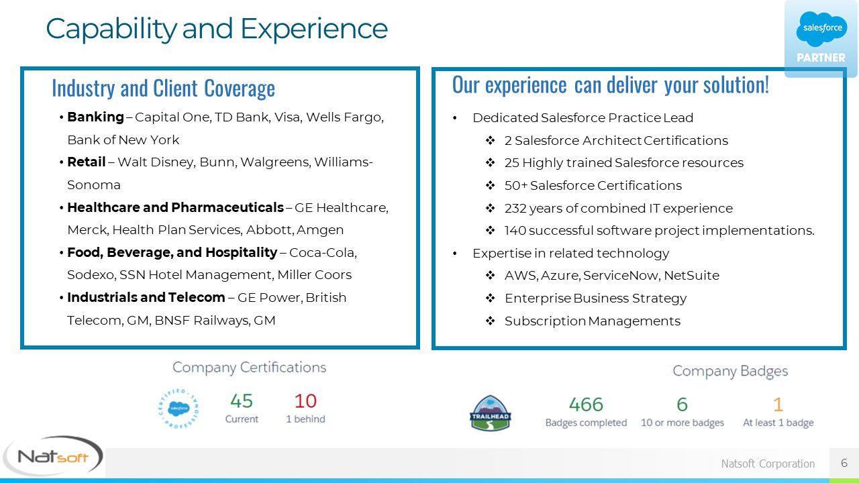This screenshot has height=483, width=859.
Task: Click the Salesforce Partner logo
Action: pyautogui.click(x=821, y=38)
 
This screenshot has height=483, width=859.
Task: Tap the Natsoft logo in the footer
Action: pyautogui.click(x=53, y=456)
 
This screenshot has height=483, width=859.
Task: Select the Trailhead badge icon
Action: pyautogui.click(x=490, y=413)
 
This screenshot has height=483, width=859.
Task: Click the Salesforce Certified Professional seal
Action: pyautogui.click(x=179, y=409)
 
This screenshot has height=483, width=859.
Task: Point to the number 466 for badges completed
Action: pyautogui.click(x=586, y=405)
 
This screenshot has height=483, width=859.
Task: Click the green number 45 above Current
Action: pyautogui.click(x=242, y=401)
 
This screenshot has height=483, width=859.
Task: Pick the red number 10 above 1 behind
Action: pyautogui.click(x=305, y=401)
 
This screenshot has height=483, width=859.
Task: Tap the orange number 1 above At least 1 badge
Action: pyautogui.click(x=778, y=405)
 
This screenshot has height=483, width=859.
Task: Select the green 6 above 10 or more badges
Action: pyautogui.click(x=683, y=405)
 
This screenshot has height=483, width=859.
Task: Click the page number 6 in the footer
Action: pyautogui.click(x=844, y=463)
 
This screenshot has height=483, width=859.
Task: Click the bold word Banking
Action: pyautogui.click(x=95, y=117)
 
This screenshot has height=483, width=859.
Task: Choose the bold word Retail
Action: pyautogui.click(x=87, y=162)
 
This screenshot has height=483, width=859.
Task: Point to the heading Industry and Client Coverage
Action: pyautogui.click(x=163, y=88)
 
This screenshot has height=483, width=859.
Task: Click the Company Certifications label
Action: pyautogui.click(x=249, y=367)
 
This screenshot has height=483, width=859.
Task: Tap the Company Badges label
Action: pyautogui.click(x=730, y=371)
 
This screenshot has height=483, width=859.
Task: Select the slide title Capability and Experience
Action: pyautogui.click(x=217, y=29)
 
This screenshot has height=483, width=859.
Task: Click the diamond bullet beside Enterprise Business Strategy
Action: pyautogui.click(x=490, y=298)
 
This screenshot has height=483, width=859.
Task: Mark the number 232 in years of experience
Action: pyautogui.click(x=516, y=208)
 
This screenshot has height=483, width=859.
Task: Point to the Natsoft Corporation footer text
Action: pyautogui.click(x=768, y=464)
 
